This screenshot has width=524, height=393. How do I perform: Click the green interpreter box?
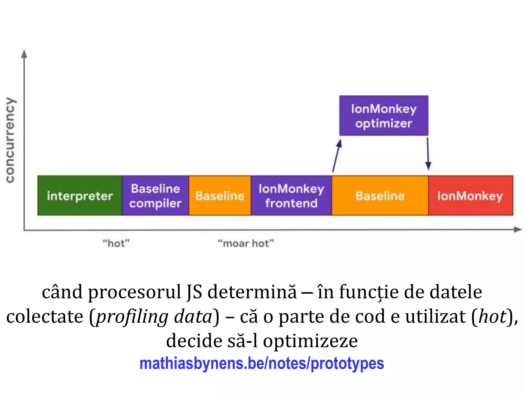[x=80, y=196]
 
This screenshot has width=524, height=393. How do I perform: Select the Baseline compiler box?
[x=155, y=196]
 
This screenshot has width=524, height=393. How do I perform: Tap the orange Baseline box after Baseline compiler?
[x=220, y=196]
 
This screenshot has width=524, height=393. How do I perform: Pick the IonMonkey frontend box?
[x=291, y=196]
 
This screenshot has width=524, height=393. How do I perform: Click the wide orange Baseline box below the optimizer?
[x=380, y=196]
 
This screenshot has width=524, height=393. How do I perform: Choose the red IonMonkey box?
[x=471, y=196]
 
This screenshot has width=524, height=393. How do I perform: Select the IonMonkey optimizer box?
[x=384, y=116]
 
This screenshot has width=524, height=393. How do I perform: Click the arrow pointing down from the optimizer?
[x=428, y=154]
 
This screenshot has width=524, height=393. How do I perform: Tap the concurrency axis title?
[x=10, y=140]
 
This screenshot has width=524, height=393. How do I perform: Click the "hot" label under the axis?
[x=116, y=243]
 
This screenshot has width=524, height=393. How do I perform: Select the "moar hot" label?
[x=246, y=243]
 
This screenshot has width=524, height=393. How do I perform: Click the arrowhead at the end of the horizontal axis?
[x=518, y=230]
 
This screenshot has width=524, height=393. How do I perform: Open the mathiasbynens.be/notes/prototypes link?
[x=261, y=363]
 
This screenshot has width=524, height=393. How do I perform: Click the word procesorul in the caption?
[x=135, y=292]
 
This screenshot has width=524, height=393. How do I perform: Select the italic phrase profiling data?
[x=154, y=317]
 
